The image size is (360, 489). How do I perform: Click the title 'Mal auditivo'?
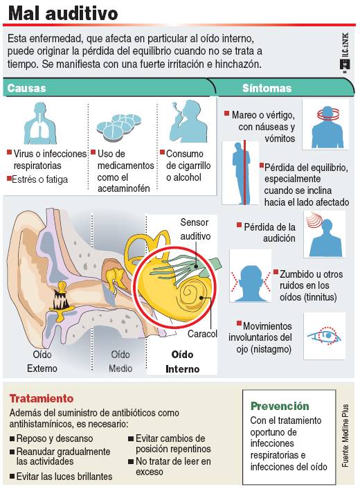pos(63,13)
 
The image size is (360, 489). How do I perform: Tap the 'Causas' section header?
pos(26,88)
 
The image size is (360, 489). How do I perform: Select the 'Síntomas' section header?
pos(267,88)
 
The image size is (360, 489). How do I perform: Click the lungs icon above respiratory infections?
pos(41,123)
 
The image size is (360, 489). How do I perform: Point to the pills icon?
pos(118,127)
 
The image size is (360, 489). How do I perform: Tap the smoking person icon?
pos(188,121)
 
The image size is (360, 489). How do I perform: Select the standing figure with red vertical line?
pos(241,172)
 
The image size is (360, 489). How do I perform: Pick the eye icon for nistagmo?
pos(324,336)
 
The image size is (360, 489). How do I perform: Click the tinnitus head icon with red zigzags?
pos(251,283)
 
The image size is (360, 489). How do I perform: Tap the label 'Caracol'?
pos(202,334)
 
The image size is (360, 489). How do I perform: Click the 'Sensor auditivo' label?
pos(195,229)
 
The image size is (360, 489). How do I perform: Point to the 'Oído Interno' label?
pos(182,362)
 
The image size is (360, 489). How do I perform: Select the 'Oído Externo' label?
pos(42,362)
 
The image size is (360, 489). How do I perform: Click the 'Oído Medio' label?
pos(120,362)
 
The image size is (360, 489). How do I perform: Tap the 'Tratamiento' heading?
pos(42,398)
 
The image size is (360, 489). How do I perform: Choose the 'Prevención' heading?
pos(280,406)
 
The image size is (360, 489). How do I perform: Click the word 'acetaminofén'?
pos(124,188)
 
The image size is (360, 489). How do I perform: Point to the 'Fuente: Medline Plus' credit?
pos(345,436)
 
